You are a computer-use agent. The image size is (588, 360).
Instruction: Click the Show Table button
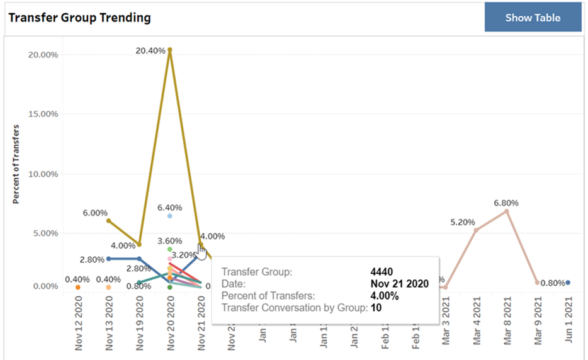[x=533, y=18]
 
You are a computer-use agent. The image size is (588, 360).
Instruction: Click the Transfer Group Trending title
[x=79, y=18]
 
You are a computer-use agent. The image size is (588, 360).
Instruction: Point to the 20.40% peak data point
[x=170, y=50]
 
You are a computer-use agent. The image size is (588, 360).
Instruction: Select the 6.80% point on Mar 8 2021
[x=506, y=211]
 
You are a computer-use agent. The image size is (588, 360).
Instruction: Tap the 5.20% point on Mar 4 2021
[x=476, y=230]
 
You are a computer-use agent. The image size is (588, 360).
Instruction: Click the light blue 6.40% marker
[x=170, y=216]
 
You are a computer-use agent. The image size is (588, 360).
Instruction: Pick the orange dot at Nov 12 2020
[x=78, y=287]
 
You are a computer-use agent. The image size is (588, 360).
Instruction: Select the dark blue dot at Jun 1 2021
[x=568, y=283]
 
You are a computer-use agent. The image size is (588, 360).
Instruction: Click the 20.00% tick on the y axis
[x=43, y=55]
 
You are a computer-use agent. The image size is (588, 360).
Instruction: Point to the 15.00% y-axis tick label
[x=43, y=114]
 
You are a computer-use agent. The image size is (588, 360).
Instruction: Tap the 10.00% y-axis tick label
[x=43, y=174]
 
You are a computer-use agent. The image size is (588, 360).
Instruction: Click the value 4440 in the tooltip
[x=382, y=272]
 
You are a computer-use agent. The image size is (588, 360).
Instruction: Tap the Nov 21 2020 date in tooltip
[x=399, y=284]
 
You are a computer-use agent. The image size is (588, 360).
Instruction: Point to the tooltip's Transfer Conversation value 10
[x=376, y=308]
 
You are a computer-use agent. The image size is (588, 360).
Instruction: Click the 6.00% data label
[x=95, y=213]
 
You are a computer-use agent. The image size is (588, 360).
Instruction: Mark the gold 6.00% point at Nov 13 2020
[x=108, y=221]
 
